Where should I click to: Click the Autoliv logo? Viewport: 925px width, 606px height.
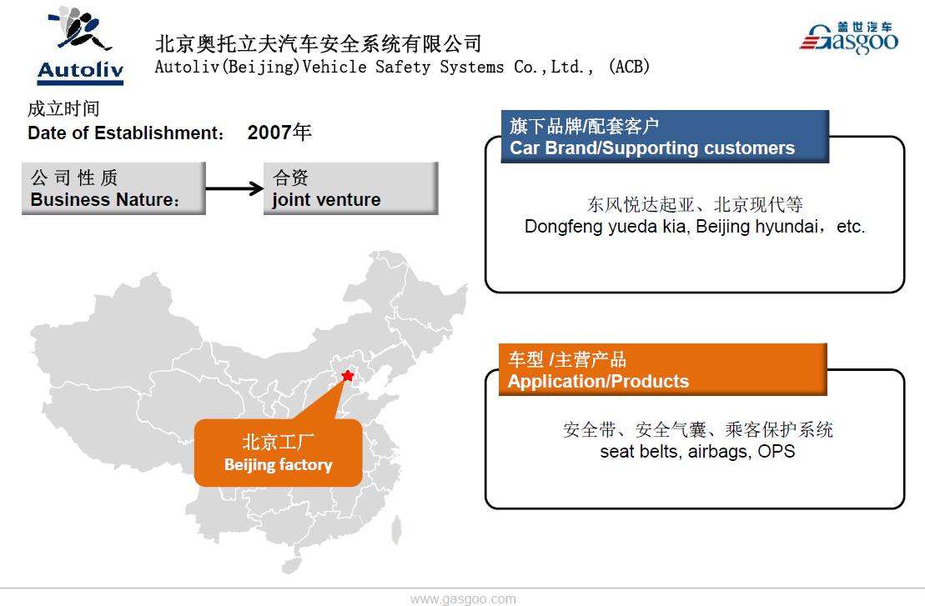point(80,46)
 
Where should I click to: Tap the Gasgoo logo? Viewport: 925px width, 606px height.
point(848,38)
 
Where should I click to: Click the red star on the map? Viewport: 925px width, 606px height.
point(348,376)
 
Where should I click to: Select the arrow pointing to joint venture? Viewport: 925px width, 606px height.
point(234,188)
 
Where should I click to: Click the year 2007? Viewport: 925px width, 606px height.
point(269,133)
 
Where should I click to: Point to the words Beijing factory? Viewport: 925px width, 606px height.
point(278,465)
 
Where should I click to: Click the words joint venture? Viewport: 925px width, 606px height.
point(326,200)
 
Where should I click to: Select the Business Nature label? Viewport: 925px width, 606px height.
point(105,200)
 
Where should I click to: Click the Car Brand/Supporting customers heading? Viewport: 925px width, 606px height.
point(652,148)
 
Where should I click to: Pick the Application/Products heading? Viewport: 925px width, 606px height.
point(598,382)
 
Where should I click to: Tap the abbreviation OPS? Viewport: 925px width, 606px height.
point(777,452)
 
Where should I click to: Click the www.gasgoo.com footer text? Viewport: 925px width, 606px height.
point(463,598)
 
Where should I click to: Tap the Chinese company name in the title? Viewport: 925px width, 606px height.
point(319,43)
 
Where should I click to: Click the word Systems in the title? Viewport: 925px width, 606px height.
point(473,67)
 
